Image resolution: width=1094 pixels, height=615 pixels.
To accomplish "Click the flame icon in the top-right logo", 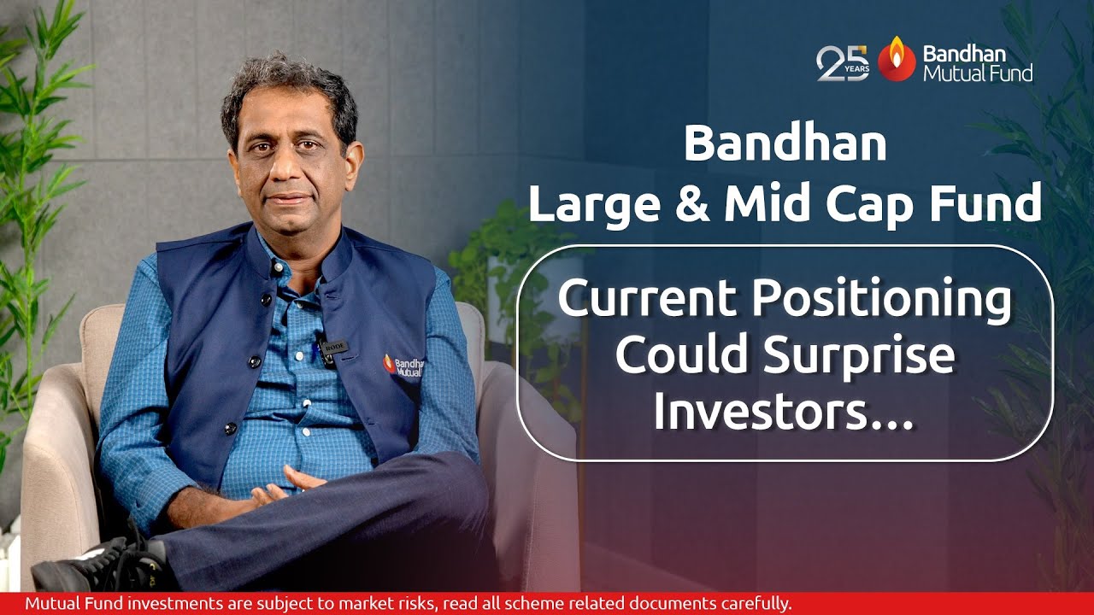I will pos(896,59).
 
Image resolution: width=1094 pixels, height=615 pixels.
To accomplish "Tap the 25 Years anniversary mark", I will pos(843,63).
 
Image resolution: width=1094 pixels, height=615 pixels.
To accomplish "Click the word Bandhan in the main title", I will pos(785,144).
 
